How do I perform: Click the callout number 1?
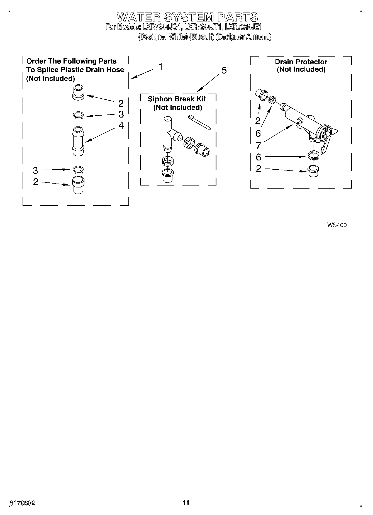tap(161, 67)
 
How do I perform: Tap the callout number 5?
tap(224, 71)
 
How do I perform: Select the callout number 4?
tap(121, 126)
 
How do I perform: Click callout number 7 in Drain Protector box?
tap(258, 145)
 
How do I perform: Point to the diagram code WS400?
tap(337, 225)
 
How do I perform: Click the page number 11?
tap(186, 502)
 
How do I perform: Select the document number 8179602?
tap(23, 503)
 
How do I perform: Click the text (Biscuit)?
tap(201, 37)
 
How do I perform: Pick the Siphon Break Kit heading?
tap(177, 99)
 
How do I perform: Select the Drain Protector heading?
tap(301, 62)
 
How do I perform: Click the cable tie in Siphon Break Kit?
tap(199, 122)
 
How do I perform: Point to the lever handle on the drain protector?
tap(324, 145)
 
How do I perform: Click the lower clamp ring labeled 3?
tap(78, 170)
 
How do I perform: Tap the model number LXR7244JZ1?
tap(243, 27)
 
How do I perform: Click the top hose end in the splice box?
tap(78, 92)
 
